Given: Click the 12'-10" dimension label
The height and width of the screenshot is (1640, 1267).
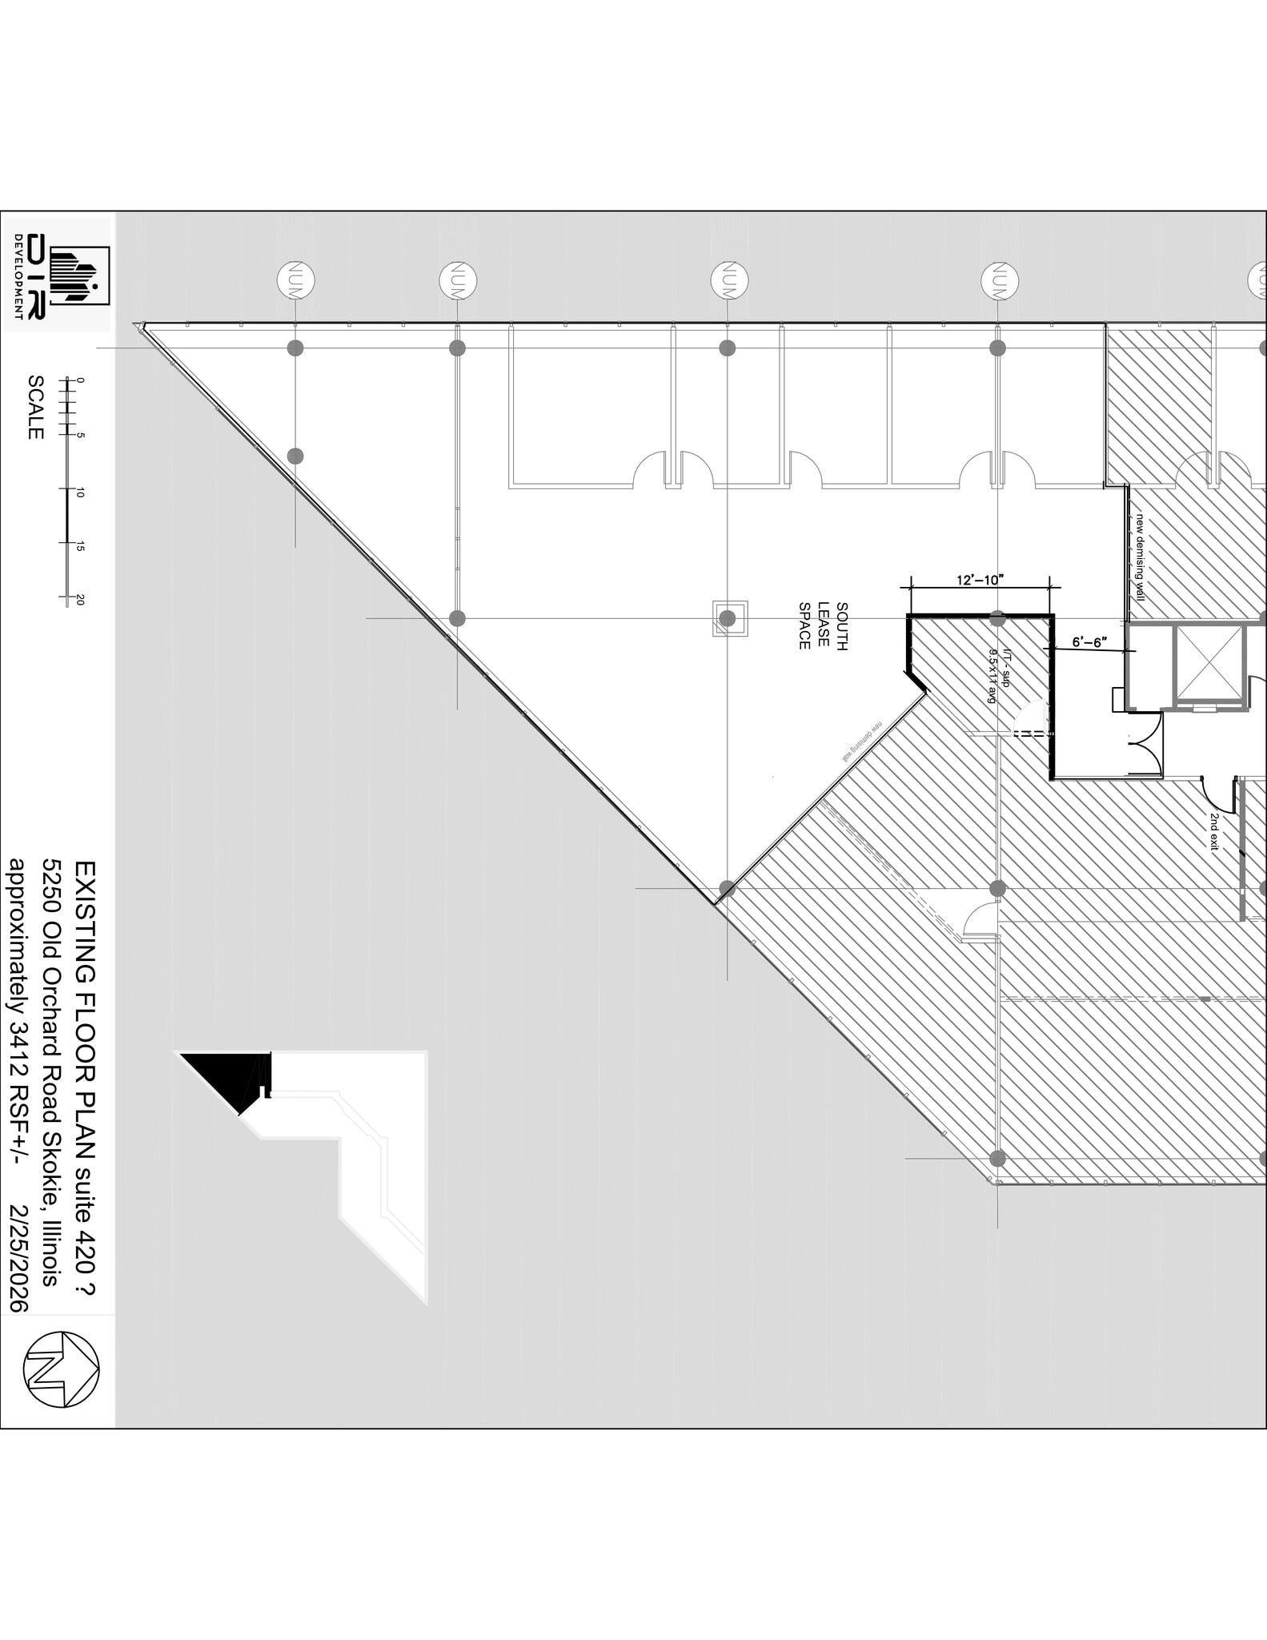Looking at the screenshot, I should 980,580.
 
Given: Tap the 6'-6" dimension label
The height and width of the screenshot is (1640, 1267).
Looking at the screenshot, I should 1089,641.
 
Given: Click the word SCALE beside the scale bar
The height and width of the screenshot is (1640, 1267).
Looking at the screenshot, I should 35,407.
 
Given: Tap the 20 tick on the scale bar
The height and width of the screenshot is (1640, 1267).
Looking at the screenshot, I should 79,600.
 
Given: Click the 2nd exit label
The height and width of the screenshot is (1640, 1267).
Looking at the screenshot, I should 1214,831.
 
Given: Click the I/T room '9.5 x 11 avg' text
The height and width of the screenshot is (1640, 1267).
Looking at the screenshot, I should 993,676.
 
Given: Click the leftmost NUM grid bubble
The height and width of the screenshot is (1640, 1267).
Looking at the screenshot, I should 295,281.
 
